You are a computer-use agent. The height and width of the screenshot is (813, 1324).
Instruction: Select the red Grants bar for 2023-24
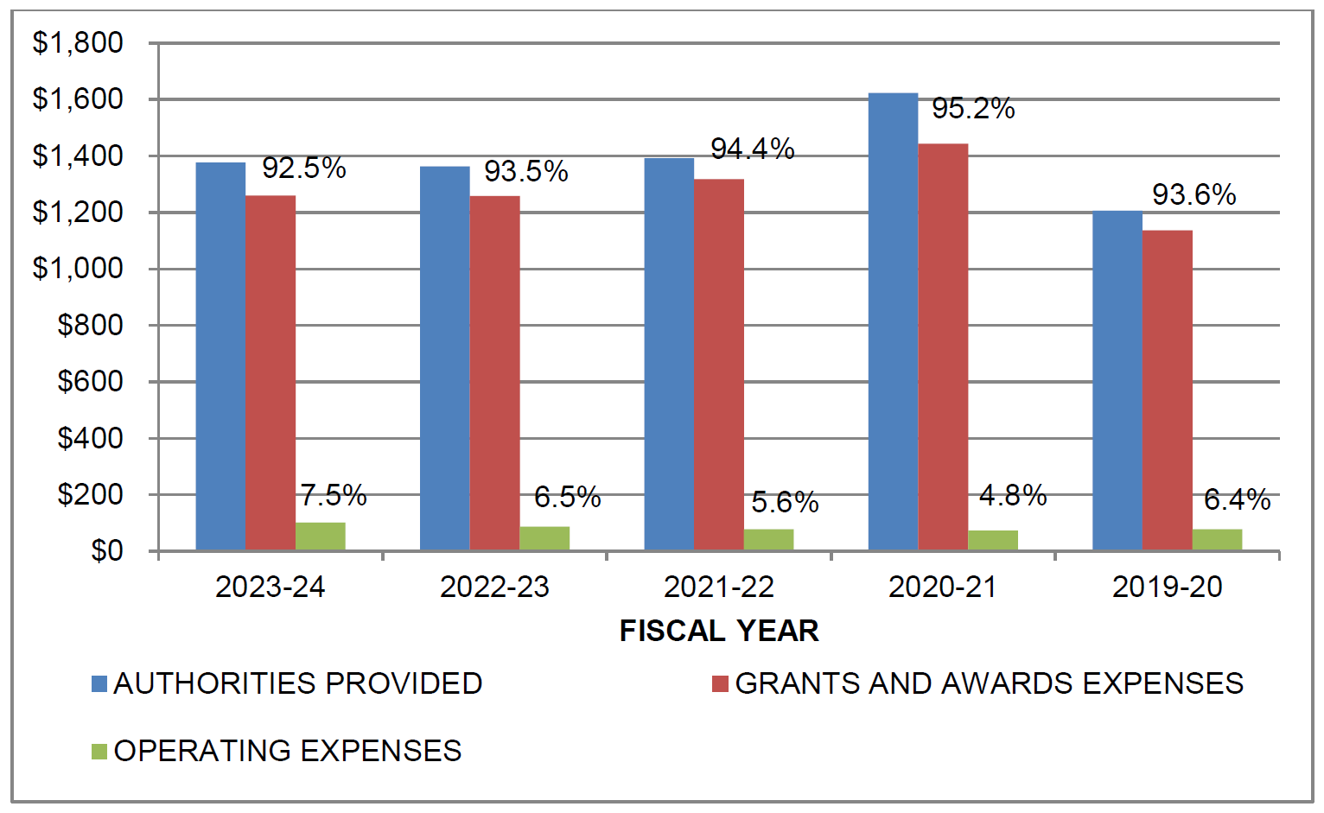[x=271, y=372]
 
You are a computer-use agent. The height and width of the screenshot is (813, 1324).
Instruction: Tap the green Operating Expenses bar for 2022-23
[x=544, y=538]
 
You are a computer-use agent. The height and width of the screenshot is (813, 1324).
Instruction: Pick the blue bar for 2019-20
[x=1117, y=380]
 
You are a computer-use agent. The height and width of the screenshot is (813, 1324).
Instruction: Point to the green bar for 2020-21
[x=993, y=540]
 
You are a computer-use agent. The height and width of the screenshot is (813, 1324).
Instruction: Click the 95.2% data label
[x=973, y=109]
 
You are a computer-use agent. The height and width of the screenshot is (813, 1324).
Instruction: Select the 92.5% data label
[x=304, y=168]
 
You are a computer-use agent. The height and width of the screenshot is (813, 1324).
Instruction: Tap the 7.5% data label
[x=333, y=496]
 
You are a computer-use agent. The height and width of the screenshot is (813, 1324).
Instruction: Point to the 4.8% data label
[x=1013, y=496]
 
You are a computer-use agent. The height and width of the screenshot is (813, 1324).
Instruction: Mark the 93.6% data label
[x=1194, y=195]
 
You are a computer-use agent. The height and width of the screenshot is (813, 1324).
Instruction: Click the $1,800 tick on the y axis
[x=78, y=42]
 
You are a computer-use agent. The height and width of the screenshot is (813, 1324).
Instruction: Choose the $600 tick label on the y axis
[x=90, y=381]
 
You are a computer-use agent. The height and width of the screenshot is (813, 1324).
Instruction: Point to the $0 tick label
[x=107, y=551]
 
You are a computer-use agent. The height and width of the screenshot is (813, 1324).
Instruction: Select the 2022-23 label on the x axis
[x=494, y=588]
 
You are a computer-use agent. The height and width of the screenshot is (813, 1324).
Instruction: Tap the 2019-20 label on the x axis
[x=1167, y=588]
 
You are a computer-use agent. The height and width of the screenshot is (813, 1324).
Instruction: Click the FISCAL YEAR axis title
[x=719, y=631]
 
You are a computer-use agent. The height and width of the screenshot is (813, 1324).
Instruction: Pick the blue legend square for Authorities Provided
[x=99, y=684]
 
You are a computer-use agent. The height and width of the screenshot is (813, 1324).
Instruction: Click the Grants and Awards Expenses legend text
[x=989, y=684]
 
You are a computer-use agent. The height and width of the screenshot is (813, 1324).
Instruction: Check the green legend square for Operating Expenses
[x=99, y=752]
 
